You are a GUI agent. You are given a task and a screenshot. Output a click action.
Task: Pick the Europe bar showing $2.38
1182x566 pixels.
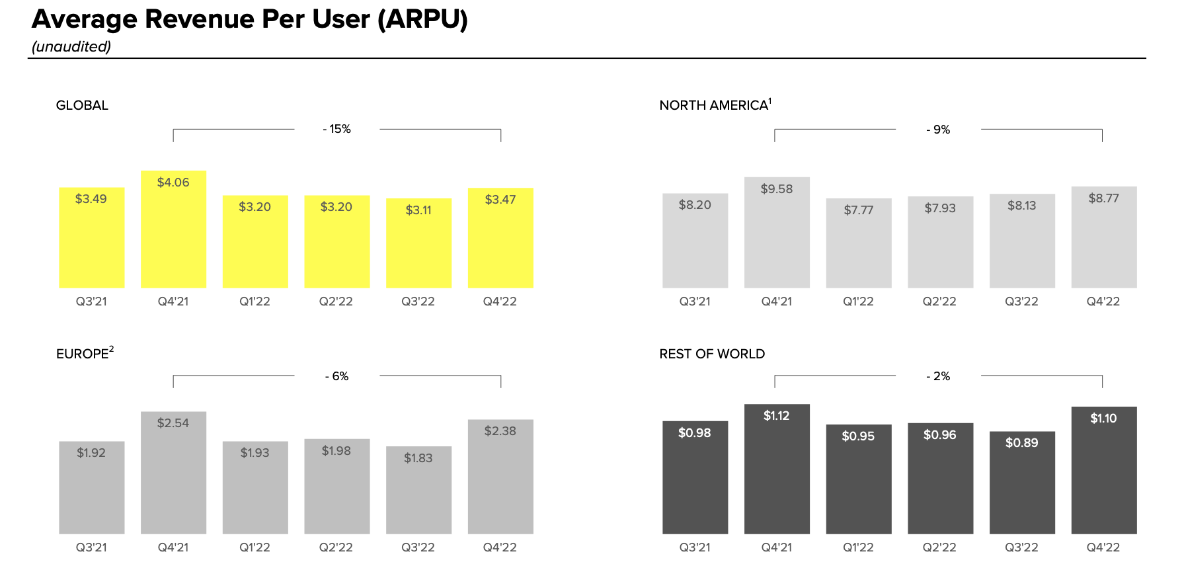pos(500,477)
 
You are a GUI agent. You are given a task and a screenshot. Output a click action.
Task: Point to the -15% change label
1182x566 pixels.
pos(337,129)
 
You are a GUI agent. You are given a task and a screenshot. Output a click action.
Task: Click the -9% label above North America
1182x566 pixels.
pos(938,130)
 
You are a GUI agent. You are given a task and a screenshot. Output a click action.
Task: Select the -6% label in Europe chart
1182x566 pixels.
pos(337,376)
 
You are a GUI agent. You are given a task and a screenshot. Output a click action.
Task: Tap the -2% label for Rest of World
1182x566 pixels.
pos(938,376)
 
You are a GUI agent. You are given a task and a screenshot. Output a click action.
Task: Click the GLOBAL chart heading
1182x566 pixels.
pos(82,105)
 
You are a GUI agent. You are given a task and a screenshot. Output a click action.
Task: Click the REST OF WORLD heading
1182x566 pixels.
pos(712,354)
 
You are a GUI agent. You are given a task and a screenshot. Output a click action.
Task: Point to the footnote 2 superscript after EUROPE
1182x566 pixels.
pos(112,349)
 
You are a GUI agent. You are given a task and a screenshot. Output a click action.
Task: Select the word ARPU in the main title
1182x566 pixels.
pos(422,19)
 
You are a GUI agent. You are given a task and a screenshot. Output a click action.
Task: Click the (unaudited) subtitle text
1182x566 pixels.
pos(71,47)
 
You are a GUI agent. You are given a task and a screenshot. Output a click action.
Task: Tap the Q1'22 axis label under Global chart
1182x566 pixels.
pos(255,302)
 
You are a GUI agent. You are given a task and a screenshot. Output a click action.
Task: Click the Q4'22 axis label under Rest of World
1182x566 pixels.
pos(1103,547)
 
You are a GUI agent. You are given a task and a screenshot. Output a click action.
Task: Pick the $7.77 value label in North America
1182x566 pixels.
pos(858,210)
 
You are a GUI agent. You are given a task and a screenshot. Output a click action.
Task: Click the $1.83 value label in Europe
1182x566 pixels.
pos(418,458)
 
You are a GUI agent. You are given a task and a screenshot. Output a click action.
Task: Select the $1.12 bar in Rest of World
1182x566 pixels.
pos(777,469)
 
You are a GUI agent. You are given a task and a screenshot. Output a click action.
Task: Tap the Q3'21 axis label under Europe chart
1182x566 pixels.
pos(91,547)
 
